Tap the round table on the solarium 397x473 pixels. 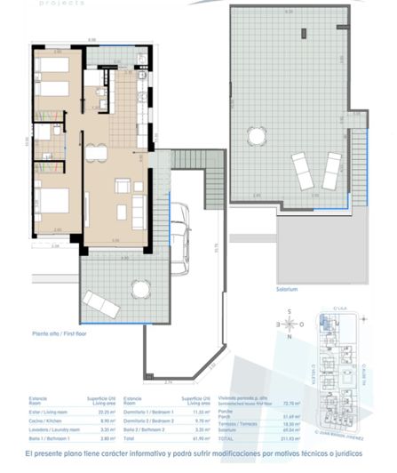pos(258,136)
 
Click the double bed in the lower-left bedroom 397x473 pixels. pos(52,201)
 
